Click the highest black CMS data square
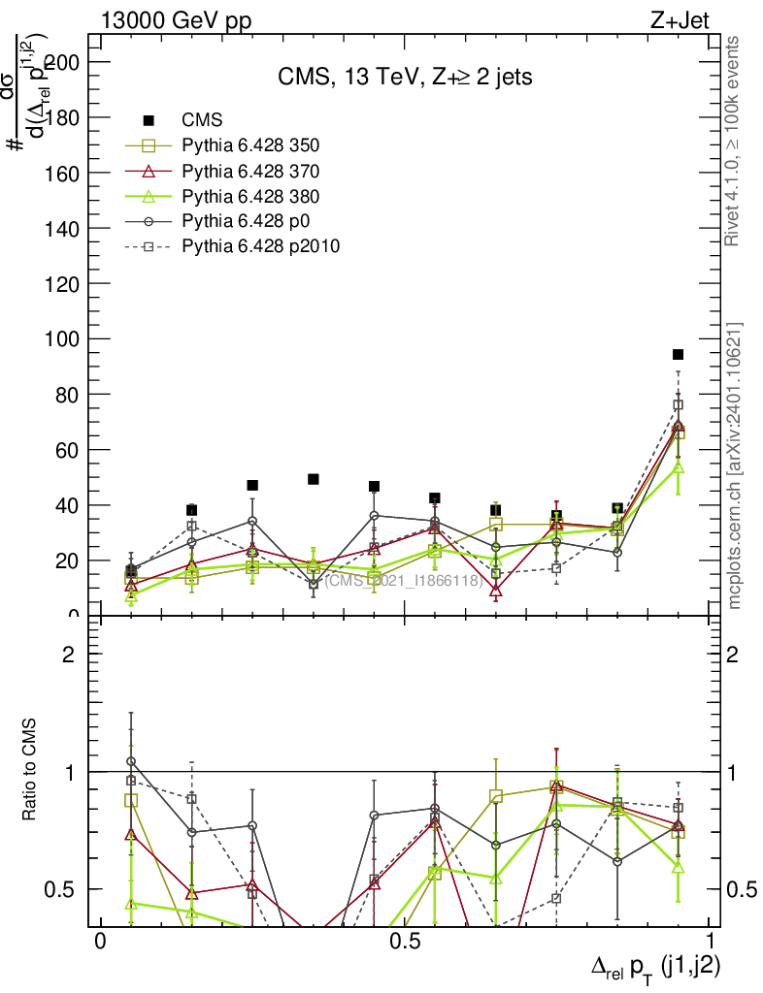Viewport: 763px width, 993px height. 679,354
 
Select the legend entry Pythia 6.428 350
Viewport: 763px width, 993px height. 250,146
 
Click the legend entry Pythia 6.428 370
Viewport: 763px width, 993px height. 250,172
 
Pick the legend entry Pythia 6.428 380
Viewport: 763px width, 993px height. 250,197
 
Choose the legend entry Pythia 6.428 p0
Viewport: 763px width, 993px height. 244,222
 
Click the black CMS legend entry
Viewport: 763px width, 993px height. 203,120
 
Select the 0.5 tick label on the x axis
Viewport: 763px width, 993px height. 403,942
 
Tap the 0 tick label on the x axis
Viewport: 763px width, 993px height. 99,942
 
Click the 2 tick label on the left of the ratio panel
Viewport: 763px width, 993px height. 68,655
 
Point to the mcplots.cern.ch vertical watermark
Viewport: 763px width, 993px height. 735,465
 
